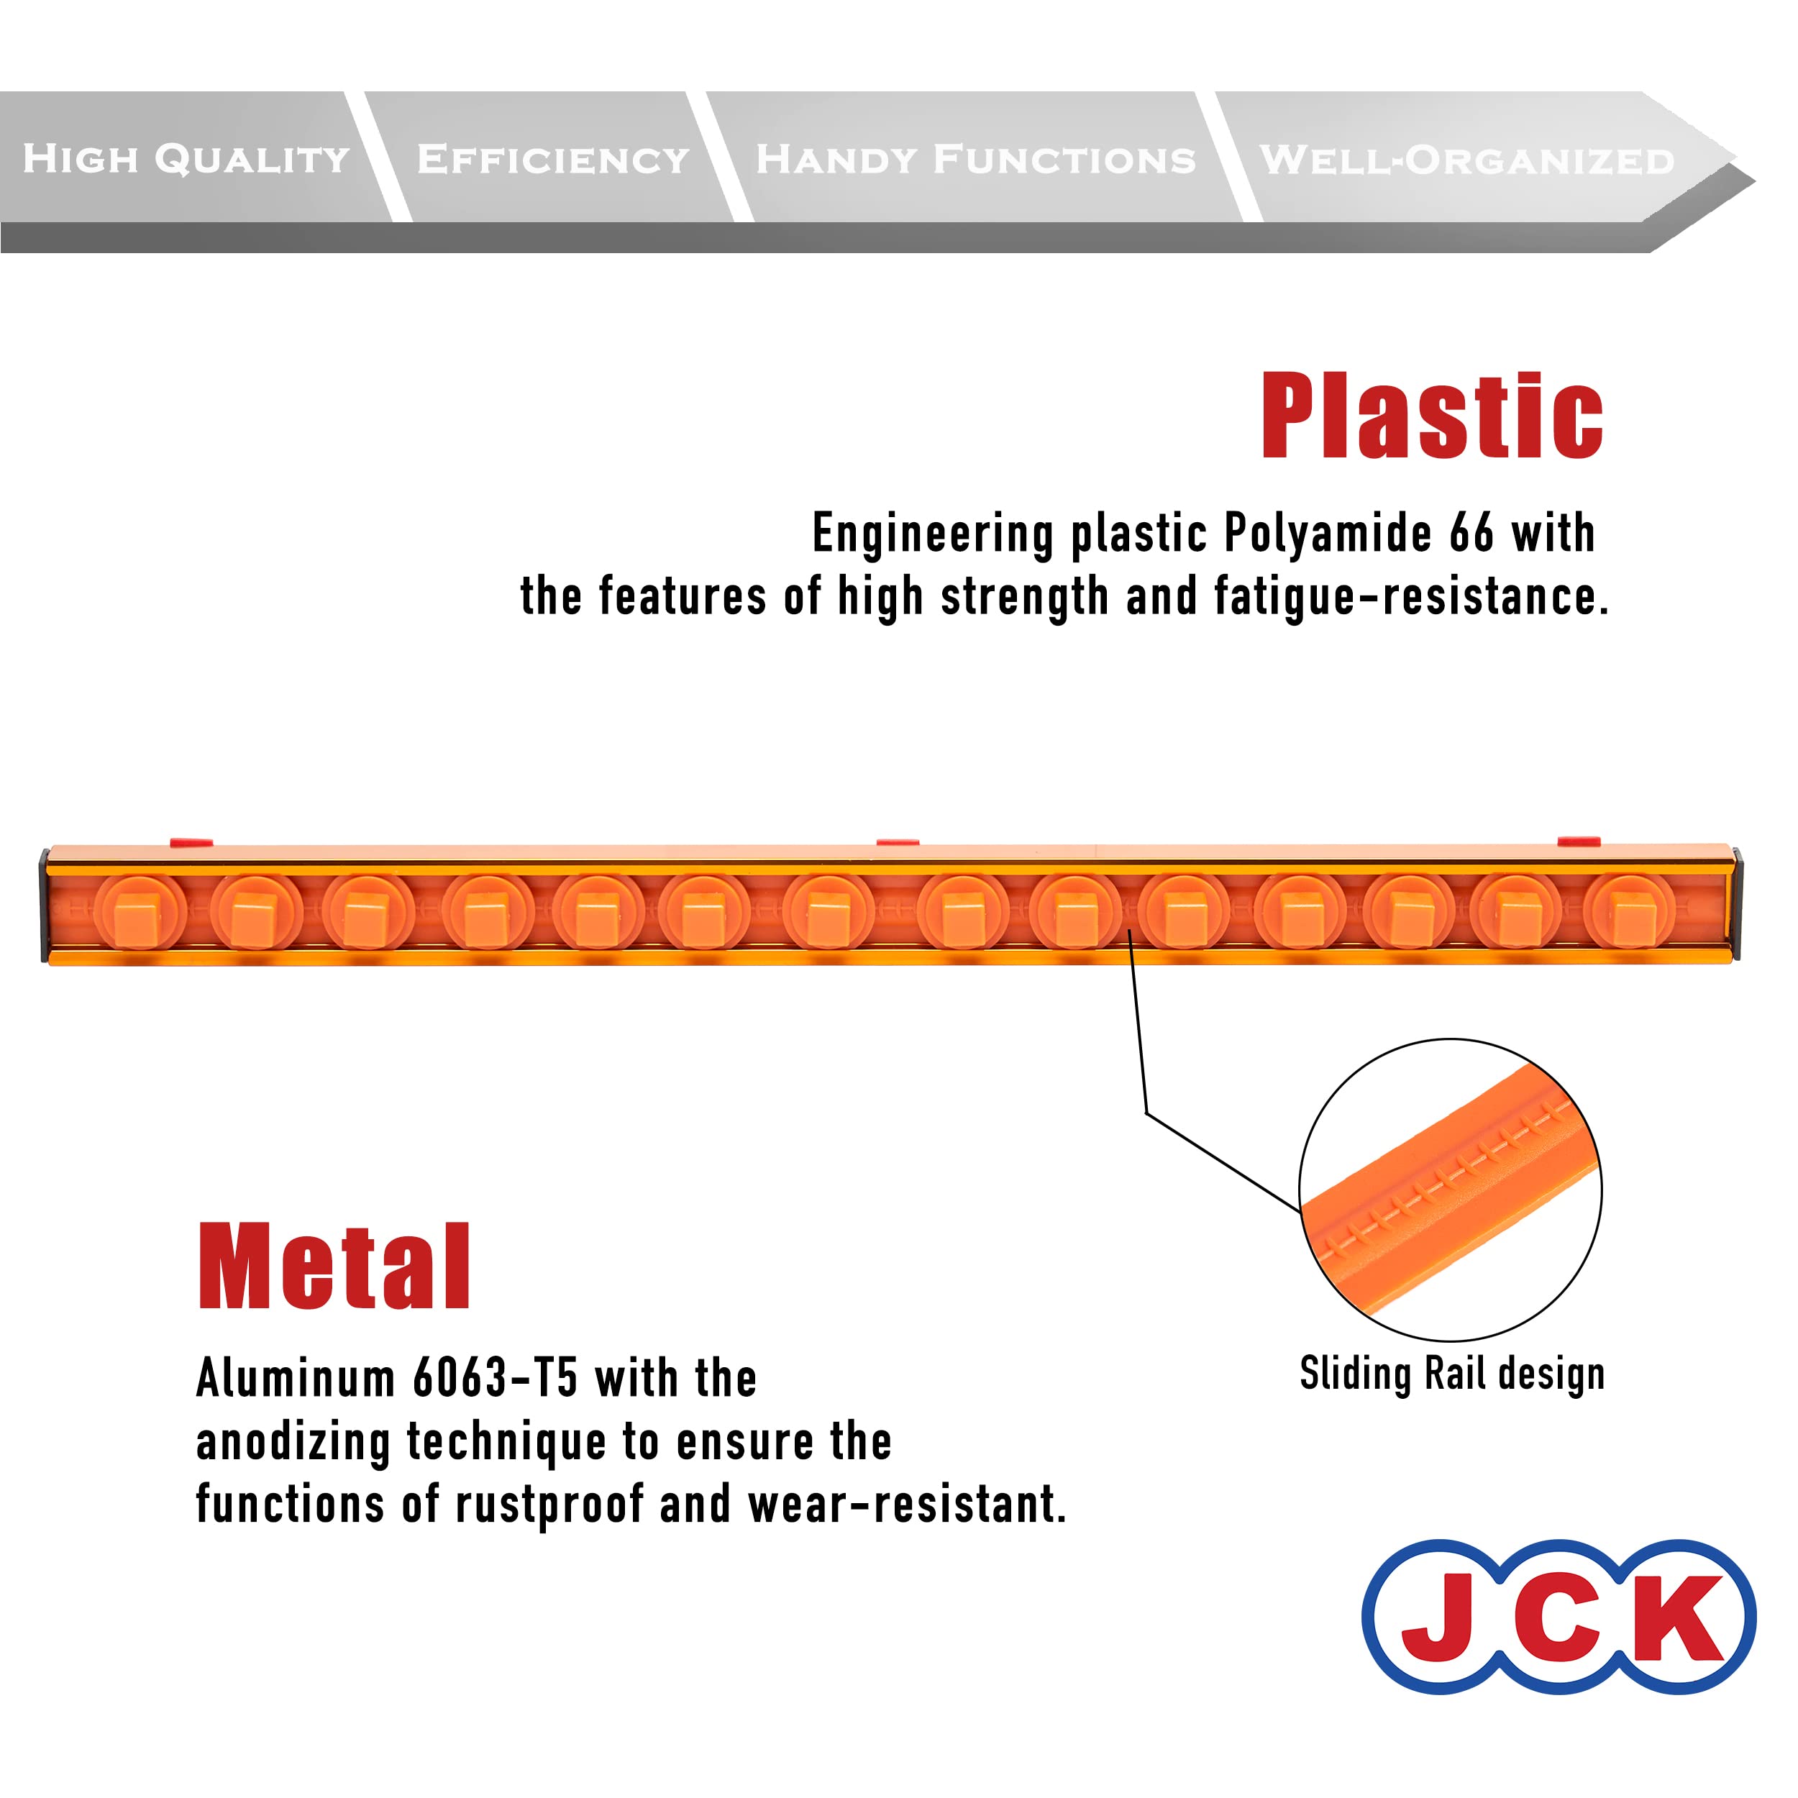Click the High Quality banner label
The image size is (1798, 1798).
[x=186, y=159]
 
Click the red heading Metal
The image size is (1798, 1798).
[x=334, y=1267]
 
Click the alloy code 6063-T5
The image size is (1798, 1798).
[x=495, y=1378]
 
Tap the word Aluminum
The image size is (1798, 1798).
[x=296, y=1378]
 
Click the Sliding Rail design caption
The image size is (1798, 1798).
[x=1452, y=1374]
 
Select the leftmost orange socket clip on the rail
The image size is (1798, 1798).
[x=139, y=912]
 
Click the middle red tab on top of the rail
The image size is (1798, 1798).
[x=897, y=842]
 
